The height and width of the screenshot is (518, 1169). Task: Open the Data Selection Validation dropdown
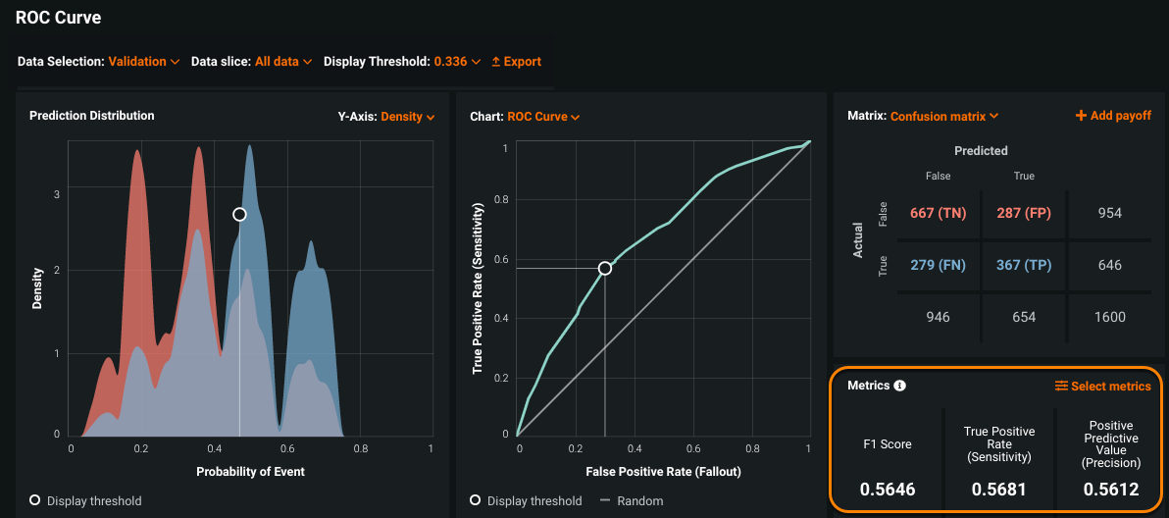(x=143, y=62)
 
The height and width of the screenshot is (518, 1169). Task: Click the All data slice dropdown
(x=283, y=62)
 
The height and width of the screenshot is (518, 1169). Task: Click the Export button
(x=516, y=62)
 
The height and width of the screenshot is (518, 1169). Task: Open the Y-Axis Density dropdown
(x=407, y=117)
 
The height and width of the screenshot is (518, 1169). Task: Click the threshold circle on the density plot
(x=239, y=214)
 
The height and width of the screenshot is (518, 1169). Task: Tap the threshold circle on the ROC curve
(x=605, y=268)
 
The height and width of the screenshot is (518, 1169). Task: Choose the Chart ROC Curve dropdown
(x=543, y=117)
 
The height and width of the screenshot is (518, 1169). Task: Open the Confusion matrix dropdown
(x=943, y=117)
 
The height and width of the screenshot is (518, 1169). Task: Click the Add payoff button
(x=1113, y=116)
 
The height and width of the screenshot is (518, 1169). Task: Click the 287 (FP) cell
(x=1023, y=213)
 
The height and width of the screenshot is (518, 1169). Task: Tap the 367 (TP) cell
(x=1023, y=265)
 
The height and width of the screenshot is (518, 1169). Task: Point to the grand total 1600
(x=1110, y=317)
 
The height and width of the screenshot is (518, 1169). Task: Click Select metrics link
(x=1102, y=387)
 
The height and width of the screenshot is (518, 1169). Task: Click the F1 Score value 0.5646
(x=888, y=489)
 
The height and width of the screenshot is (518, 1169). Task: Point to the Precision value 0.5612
(x=1111, y=489)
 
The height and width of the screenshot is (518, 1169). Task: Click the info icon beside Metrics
(x=900, y=386)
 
